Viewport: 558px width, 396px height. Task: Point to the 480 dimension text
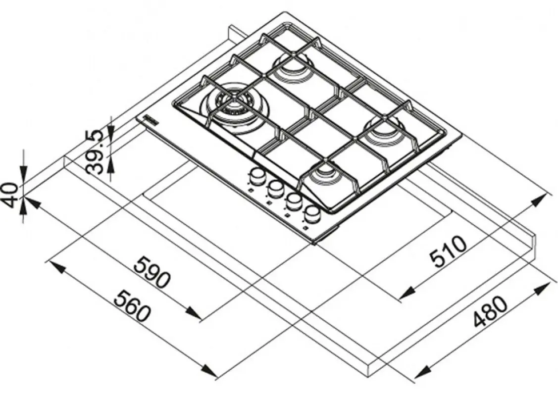[x=490, y=312]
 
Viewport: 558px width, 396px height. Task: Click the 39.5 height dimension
[x=96, y=151]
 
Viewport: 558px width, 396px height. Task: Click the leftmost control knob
[x=256, y=176]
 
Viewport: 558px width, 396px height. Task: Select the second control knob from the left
[x=275, y=189]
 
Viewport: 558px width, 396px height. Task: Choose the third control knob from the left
[x=293, y=201]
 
